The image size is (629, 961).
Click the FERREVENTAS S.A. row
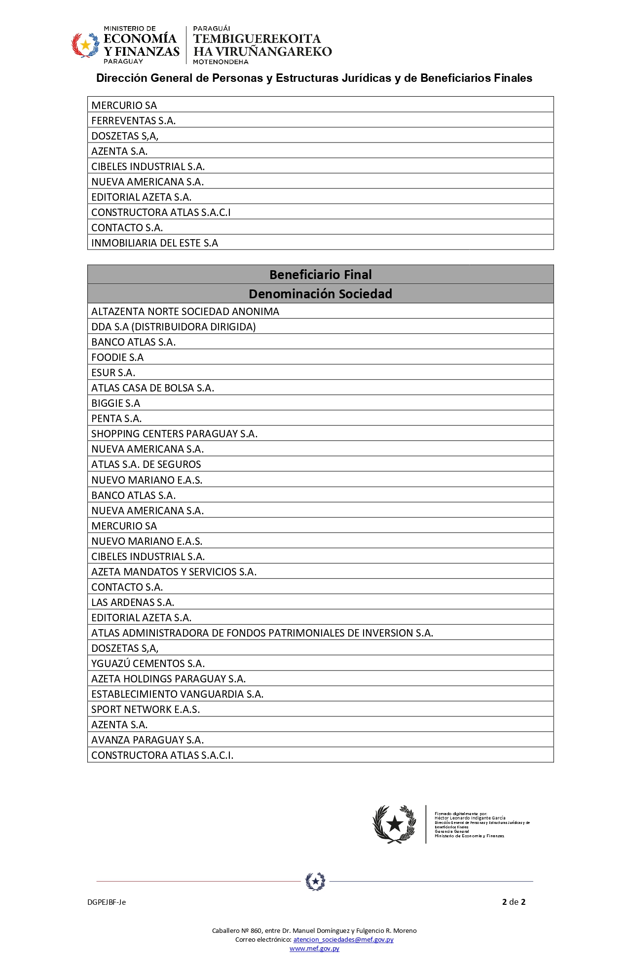133,120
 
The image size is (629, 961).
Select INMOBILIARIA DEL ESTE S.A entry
154,243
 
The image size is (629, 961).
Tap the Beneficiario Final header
320,275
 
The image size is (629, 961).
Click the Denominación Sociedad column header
320,294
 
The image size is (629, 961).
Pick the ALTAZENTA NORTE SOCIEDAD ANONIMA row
185,312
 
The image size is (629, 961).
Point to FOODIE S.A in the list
117,357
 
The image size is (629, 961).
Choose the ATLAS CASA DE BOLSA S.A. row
152,388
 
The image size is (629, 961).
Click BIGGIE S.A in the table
115,403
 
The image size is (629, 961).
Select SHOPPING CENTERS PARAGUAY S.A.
174,434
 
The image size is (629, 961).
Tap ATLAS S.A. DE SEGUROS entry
146,464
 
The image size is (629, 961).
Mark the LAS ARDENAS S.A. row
133,603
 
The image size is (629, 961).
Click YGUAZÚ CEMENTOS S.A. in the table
148,664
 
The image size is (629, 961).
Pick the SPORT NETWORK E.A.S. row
146,710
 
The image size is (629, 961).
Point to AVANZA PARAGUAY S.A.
148,740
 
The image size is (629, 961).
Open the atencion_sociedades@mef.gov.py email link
343,939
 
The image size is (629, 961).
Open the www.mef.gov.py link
314,948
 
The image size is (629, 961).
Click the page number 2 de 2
514,902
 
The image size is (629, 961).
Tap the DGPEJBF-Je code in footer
107,902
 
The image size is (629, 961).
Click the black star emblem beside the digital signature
394,824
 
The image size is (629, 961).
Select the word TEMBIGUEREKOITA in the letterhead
257,38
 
